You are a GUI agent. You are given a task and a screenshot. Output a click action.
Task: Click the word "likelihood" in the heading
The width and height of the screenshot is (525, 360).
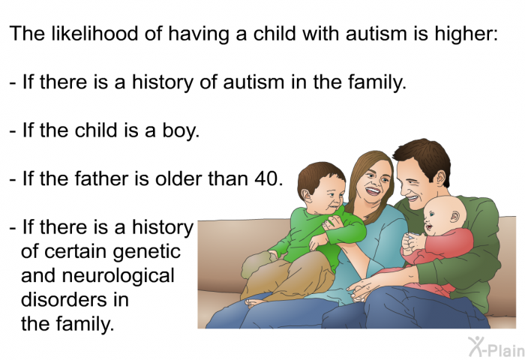[94, 33]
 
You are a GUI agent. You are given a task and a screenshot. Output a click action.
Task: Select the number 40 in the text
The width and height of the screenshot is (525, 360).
[267, 178]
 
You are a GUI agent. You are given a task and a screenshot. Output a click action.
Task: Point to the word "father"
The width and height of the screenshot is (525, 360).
[102, 178]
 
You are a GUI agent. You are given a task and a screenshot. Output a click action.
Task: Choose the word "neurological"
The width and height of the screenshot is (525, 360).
[118, 275]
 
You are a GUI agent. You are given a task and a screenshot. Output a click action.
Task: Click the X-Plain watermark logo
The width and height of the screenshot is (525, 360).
[496, 346]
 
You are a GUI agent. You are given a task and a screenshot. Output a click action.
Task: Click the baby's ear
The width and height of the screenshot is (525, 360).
[454, 217]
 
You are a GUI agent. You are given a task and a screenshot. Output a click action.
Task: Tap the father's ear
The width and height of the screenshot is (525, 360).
[441, 178]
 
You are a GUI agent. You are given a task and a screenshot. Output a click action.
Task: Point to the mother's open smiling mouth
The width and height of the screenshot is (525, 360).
[373, 191]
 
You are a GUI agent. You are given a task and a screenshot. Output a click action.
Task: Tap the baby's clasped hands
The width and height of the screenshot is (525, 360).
[411, 243]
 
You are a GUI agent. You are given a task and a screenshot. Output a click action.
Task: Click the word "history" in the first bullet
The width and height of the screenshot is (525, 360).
[163, 82]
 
